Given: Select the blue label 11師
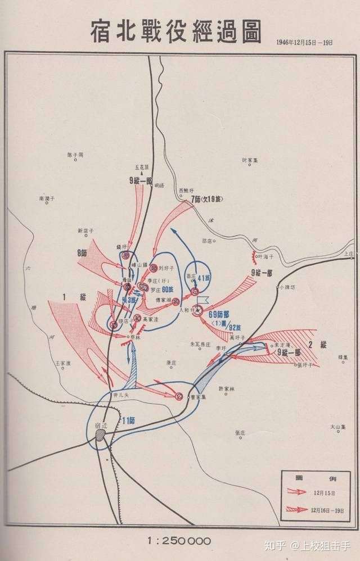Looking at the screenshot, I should click(129, 419).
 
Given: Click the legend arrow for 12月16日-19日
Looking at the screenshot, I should click(298, 509).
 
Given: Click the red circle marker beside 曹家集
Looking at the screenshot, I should click(179, 396).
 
